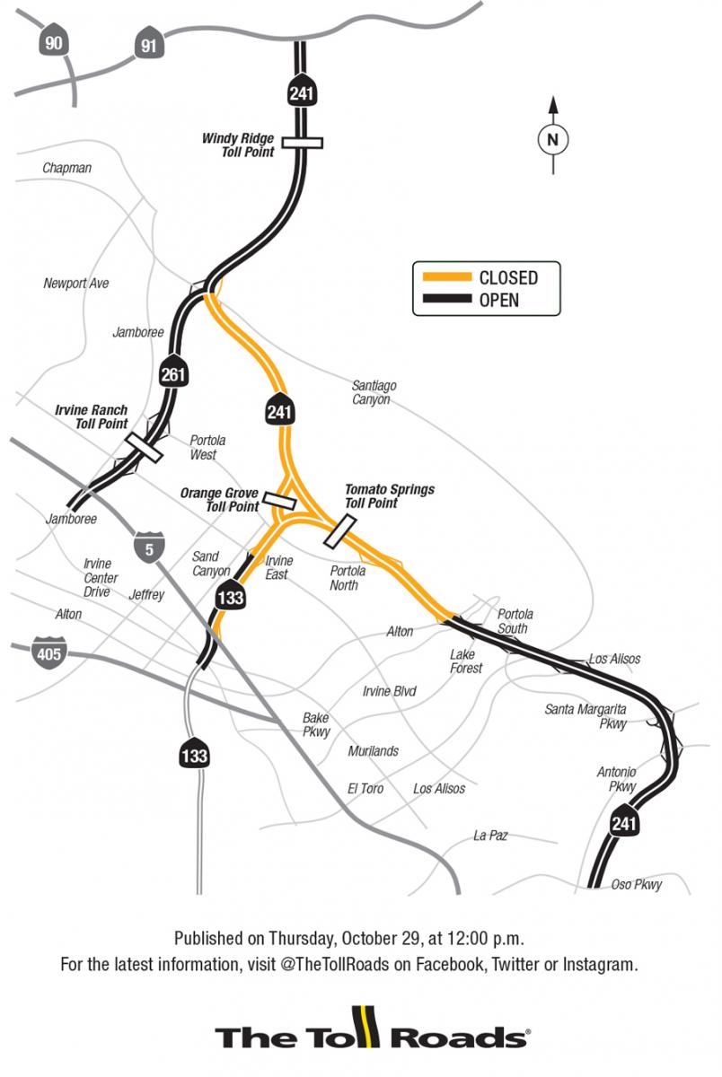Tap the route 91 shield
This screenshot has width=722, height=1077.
[x=148, y=45]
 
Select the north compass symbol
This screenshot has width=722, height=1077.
[x=553, y=139]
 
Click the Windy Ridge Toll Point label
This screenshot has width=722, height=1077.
[x=238, y=144]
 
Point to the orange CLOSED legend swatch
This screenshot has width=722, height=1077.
[x=443, y=276]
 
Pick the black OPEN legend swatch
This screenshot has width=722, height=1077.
[x=443, y=300]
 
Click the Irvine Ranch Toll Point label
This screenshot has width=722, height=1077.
[x=92, y=417]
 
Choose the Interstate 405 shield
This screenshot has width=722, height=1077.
[x=48, y=652]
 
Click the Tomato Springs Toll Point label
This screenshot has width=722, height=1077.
[x=390, y=496]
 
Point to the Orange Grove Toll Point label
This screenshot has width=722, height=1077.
[x=219, y=500]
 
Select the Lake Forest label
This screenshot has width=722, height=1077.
[x=466, y=661]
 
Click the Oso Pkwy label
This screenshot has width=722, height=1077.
[x=637, y=884]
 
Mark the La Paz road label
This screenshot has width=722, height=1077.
[x=490, y=836]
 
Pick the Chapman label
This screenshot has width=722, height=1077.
[x=66, y=168]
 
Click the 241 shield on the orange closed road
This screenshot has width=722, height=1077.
[x=277, y=412]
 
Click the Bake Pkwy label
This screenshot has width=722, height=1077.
[x=316, y=724]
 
